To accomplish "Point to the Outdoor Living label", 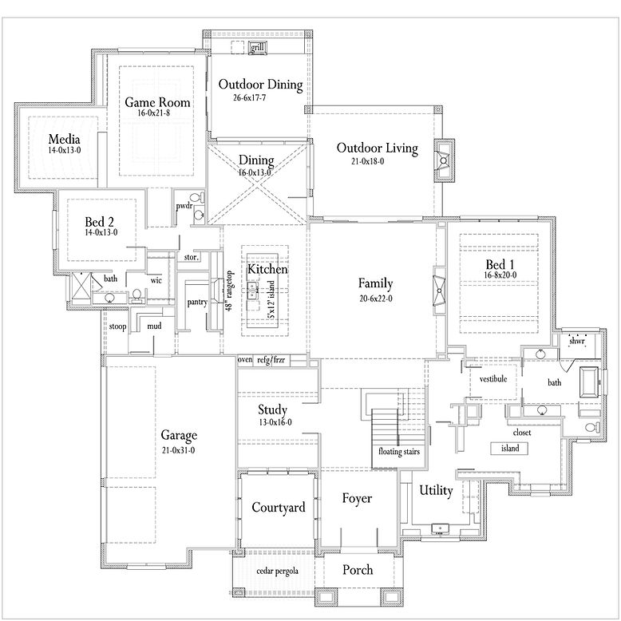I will tap(377, 148).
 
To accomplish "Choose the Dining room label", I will tap(255, 160).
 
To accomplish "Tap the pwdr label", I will tap(186, 206).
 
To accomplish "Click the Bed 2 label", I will tap(101, 221).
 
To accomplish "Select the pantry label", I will tap(197, 303).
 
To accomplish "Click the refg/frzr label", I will tap(271, 361).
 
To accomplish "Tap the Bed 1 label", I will tap(500, 264).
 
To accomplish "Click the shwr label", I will tap(577, 341).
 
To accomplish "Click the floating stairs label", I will tap(399, 452).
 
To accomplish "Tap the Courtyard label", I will tap(279, 508).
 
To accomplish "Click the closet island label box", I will tap(510, 449).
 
